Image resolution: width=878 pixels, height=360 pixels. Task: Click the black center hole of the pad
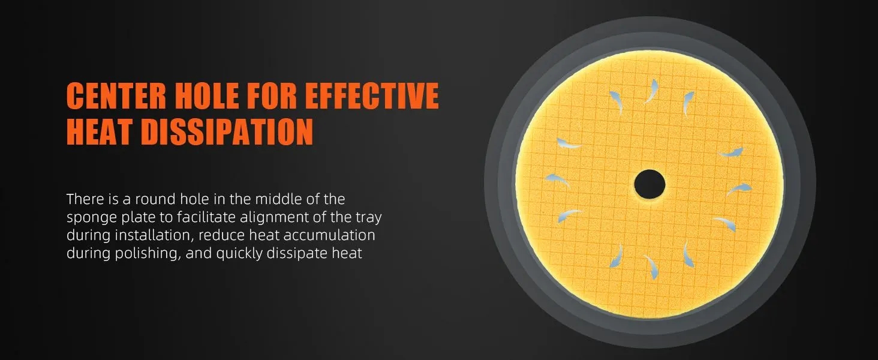click(650, 184)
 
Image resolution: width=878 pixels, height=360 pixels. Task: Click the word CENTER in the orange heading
click(116, 95)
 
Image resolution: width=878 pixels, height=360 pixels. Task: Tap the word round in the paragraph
click(155, 199)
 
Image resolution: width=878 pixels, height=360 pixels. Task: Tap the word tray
click(368, 218)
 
